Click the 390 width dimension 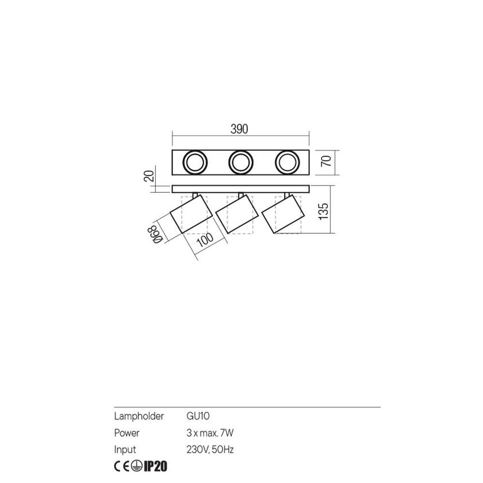pos(239,129)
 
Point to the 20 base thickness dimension pos(150,175)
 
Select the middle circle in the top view pos(240,162)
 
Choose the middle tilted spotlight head pos(236,213)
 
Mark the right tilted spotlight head pos(283,214)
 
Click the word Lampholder pos(139,416)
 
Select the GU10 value pos(198,416)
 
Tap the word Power pos(127,433)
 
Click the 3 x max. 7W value pos(210,433)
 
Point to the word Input pos(125,450)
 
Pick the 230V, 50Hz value pos(210,450)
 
